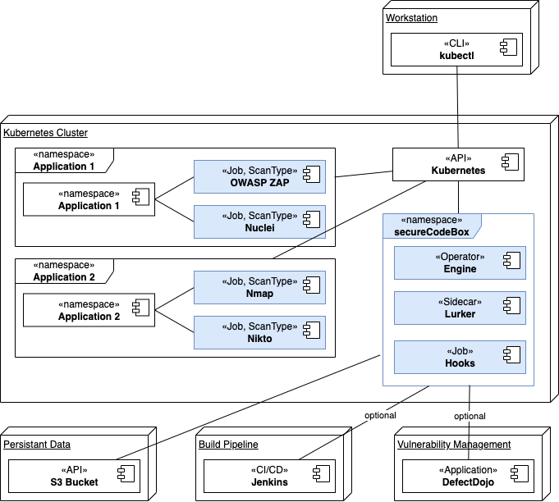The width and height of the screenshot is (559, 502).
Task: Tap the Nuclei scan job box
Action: click(259, 221)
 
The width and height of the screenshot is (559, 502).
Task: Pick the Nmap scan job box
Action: click(259, 287)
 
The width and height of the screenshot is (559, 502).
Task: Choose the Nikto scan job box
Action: click(259, 331)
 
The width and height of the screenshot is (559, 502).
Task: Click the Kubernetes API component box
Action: click(458, 164)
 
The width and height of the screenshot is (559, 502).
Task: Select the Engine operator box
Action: click(460, 262)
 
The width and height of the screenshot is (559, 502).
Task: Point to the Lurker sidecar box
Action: click(460, 307)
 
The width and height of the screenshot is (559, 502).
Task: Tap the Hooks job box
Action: click(460, 356)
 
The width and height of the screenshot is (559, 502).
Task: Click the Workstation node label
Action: click(413, 18)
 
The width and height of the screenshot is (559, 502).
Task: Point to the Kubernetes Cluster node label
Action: click(46, 132)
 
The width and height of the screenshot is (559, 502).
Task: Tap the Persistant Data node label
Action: click(37, 445)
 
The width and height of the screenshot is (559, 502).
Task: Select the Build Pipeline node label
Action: click(228, 445)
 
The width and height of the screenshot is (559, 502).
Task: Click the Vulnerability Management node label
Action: click(454, 445)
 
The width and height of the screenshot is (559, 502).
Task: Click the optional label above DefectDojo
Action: click(470, 416)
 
